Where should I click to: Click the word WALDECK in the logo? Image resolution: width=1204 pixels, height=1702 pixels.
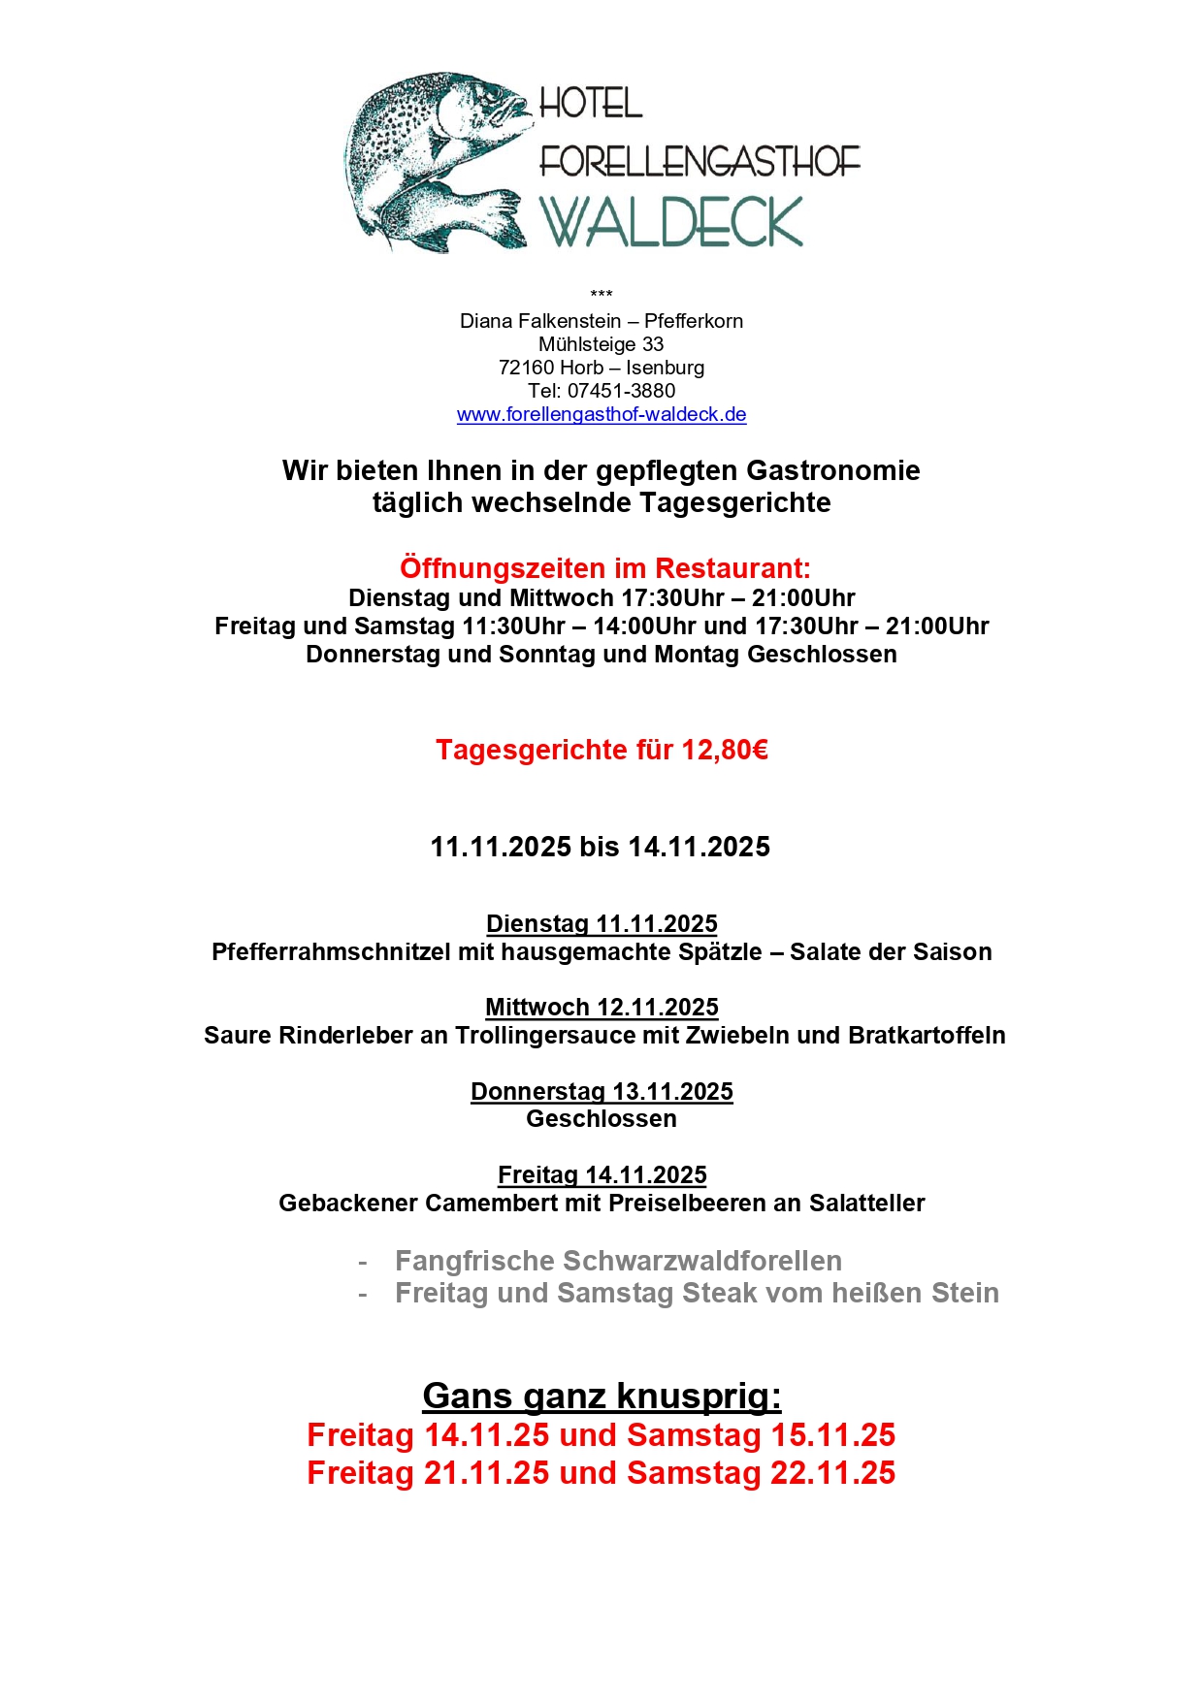(671, 222)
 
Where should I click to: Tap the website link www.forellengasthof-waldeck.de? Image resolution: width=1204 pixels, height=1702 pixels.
(602, 415)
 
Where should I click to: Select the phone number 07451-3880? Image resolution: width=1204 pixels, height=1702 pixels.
(621, 391)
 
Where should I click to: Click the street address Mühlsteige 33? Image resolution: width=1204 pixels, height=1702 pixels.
(602, 344)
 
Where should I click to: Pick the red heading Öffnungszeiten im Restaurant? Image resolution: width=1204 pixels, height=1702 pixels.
(604, 568)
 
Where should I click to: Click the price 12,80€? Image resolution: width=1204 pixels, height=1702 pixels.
(725, 750)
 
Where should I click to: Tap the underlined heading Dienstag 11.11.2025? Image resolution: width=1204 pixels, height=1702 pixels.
(602, 924)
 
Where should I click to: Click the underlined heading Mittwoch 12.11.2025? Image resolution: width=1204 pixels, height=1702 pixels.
(602, 1008)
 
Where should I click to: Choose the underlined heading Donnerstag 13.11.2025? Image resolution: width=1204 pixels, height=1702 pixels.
(602, 1092)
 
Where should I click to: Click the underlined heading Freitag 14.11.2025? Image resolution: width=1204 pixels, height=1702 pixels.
(602, 1175)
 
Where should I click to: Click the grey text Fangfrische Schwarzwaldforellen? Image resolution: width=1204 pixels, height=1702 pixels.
(618, 1261)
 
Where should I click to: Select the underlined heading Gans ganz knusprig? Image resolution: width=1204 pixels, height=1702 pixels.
(602, 1397)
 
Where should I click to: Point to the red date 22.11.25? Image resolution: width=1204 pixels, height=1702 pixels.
(832, 1473)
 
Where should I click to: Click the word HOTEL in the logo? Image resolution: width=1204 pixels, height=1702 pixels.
(591, 103)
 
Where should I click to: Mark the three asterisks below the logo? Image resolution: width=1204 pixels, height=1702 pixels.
(602, 294)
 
